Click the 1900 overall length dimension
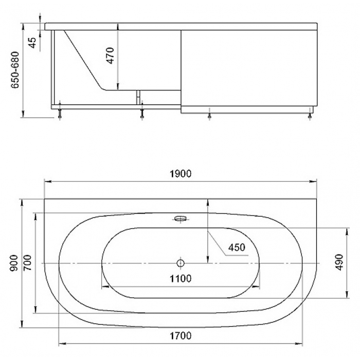click(x=181, y=174)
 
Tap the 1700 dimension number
click(x=181, y=336)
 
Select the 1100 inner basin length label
click(x=181, y=279)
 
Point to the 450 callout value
click(x=237, y=247)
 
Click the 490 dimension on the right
click(x=339, y=262)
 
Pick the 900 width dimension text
click(x=14, y=263)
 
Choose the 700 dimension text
click(x=28, y=263)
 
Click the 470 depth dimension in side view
click(x=110, y=56)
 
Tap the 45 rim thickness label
click(x=32, y=43)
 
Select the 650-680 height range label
click(x=15, y=70)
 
